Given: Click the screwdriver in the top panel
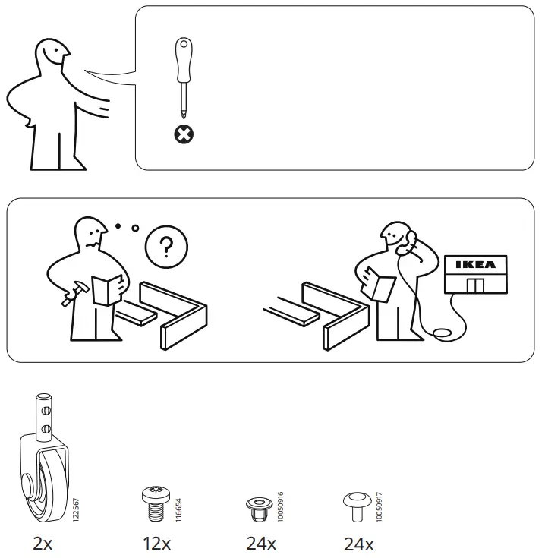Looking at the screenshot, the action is click(x=184, y=77).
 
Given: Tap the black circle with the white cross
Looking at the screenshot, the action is click(x=184, y=134).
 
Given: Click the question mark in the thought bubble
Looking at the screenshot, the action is click(x=166, y=247).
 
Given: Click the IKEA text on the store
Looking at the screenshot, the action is click(x=476, y=264).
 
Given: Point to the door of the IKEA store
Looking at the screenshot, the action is click(x=475, y=285).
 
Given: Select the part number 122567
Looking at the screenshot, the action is click(x=76, y=510).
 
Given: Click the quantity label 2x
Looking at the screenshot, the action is click(x=43, y=544).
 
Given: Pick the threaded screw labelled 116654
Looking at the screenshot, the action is click(x=156, y=503).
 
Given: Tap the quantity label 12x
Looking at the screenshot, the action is click(x=157, y=544).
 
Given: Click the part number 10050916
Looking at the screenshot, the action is click(x=280, y=507).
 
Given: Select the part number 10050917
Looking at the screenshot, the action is click(x=380, y=507).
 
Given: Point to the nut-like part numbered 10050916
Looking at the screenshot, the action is click(x=260, y=509).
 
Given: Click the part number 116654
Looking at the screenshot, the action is click(x=178, y=510).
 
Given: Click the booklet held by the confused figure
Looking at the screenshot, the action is click(x=107, y=290).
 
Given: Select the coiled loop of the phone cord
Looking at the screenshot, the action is click(x=443, y=333).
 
